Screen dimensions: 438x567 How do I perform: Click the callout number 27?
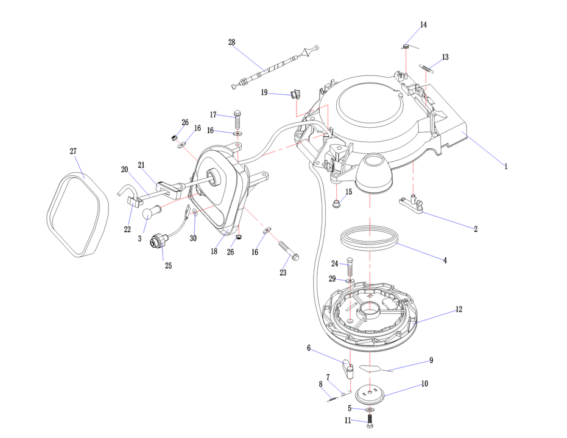(x=73, y=151)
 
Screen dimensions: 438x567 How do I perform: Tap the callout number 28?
(x=231, y=42)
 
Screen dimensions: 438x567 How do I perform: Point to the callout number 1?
(x=505, y=165)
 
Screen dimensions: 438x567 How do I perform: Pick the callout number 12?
(x=459, y=310)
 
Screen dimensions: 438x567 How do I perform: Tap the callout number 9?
(x=431, y=360)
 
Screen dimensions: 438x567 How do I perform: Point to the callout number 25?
(x=168, y=266)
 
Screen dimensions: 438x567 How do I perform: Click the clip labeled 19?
(x=296, y=94)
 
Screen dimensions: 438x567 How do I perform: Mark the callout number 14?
(x=423, y=25)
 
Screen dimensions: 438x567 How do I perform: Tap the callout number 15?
(x=349, y=192)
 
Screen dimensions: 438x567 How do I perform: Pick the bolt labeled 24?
(x=350, y=266)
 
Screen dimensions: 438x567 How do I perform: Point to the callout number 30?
(x=193, y=238)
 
